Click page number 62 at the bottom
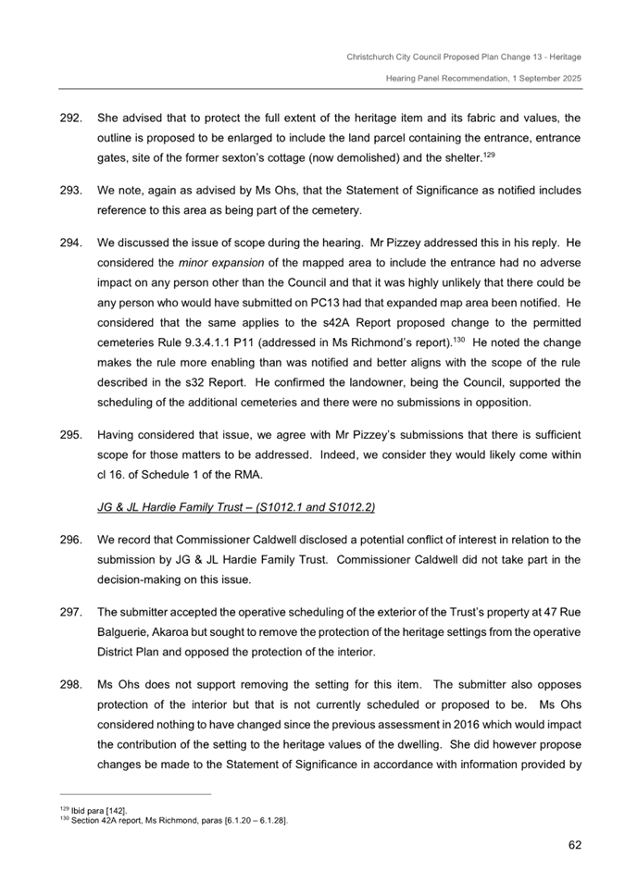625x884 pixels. click(x=571, y=843)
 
